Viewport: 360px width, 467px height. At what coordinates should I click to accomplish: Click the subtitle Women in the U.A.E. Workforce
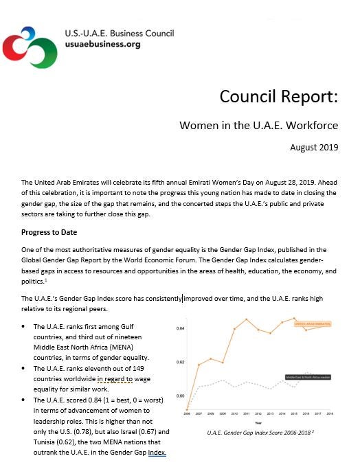pyautogui.click(x=258, y=126)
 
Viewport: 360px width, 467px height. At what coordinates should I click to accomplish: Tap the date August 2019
pyautogui.click(x=315, y=147)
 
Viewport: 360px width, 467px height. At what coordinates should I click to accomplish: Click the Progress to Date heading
pyautogui.click(x=49, y=232)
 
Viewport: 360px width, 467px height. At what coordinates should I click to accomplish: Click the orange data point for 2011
pyautogui.click(x=247, y=319)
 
